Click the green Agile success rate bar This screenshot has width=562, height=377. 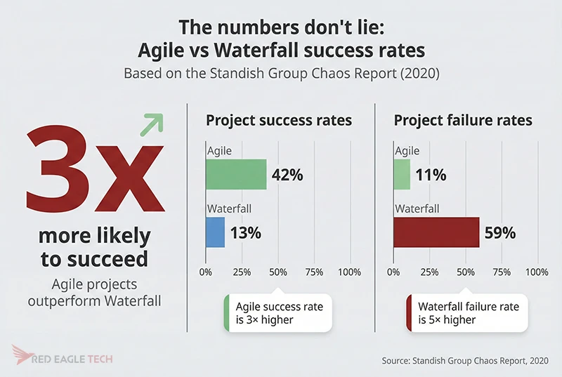pyautogui.click(x=235, y=174)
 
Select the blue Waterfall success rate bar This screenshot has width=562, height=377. pyautogui.click(x=215, y=232)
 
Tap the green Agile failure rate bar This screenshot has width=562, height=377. pyautogui.click(x=401, y=174)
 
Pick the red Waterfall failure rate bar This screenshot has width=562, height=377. pyautogui.click(x=436, y=232)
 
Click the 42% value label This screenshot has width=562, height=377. pyautogui.click(x=287, y=175)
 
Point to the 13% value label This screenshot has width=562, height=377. pyautogui.click(x=245, y=233)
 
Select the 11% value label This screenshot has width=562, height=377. pyautogui.click(x=430, y=175)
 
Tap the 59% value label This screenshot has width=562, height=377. pyautogui.click(x=499, y=233)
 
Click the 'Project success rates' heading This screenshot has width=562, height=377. pyautogui.click(x=278, y=120)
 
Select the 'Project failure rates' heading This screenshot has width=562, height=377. pyautogui.click(x=463, y=120)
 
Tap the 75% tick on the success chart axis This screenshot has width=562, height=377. pyautogui.click(x=314, y=272)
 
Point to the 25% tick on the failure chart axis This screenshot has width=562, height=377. pyautogui.click(x=429, y=272)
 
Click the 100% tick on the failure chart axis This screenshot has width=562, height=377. pyautogui.click(x=537, y=272)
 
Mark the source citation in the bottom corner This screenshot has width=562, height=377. pyautogui.click(x=466, y=360)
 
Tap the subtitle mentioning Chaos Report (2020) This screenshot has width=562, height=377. pyautogui.click(x=281, y=73)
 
